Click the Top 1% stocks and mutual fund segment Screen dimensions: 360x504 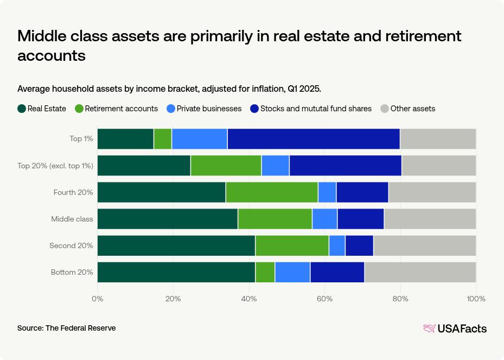[314, 138]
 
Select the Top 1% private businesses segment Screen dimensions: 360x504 [199, 138]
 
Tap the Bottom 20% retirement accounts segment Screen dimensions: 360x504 [265, 272]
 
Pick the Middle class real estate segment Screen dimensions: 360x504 [167, 219]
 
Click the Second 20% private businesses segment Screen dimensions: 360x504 [337, 245]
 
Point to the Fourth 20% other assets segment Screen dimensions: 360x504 [432, 192]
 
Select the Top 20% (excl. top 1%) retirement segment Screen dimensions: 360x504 [226, 165]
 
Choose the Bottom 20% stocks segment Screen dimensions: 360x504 [337, 272]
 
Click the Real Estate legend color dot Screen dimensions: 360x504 [22, 109]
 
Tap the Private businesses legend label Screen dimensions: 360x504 [208, 109]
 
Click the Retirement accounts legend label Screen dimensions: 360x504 [121, 109]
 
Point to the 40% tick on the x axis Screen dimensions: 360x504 [249, 299]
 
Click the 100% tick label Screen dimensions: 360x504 [476, 299]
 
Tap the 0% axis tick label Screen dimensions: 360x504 [98, 299]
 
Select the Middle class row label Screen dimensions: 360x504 [72, 219]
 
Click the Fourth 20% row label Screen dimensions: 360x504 [73, 192]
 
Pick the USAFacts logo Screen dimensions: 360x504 [455, 329]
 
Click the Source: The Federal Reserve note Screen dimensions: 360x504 [66, 328]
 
